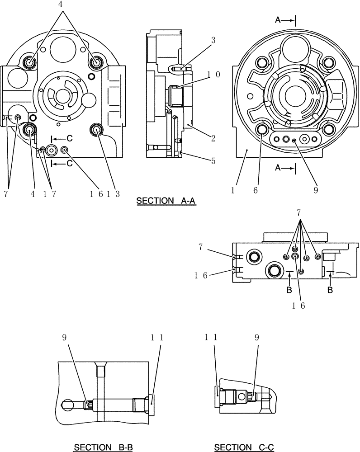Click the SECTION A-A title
click(166, 202)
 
